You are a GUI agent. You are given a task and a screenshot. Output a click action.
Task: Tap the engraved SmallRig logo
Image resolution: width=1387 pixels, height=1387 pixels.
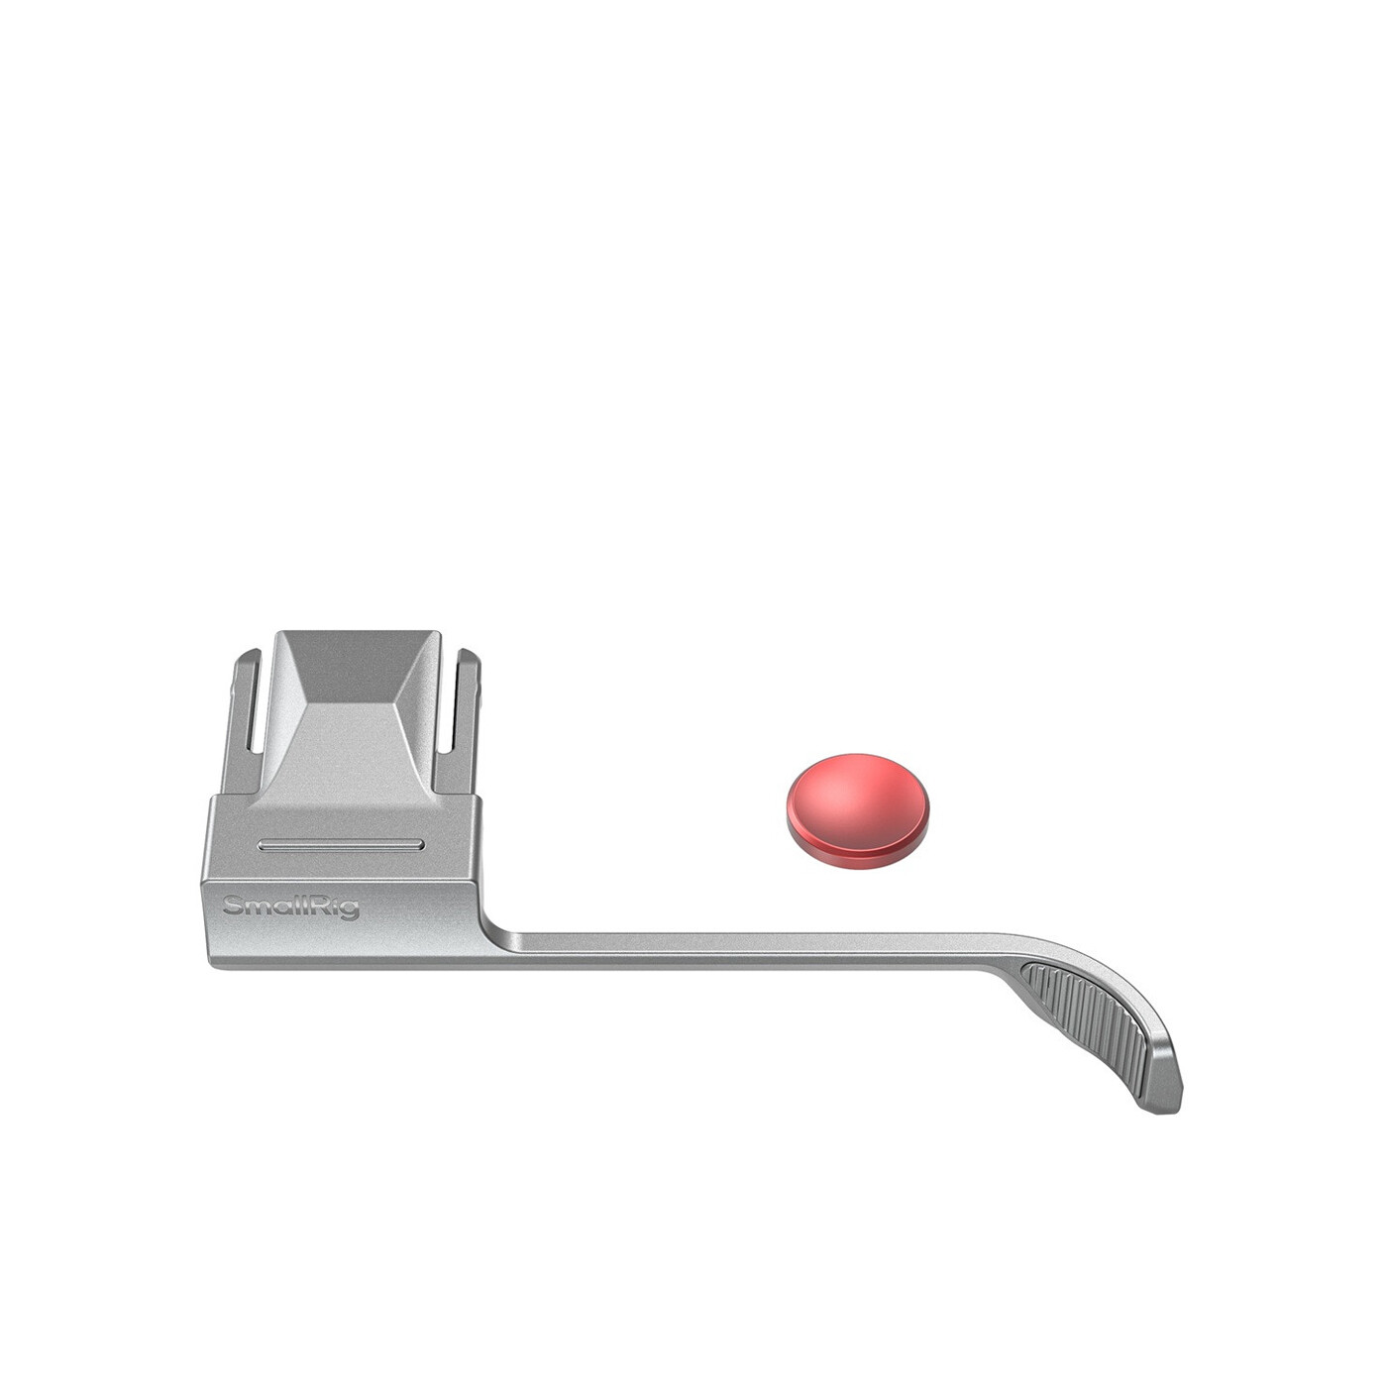coord(291,907)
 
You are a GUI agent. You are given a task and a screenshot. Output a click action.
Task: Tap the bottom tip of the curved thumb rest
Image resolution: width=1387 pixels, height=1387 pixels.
coord(1165,1115)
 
